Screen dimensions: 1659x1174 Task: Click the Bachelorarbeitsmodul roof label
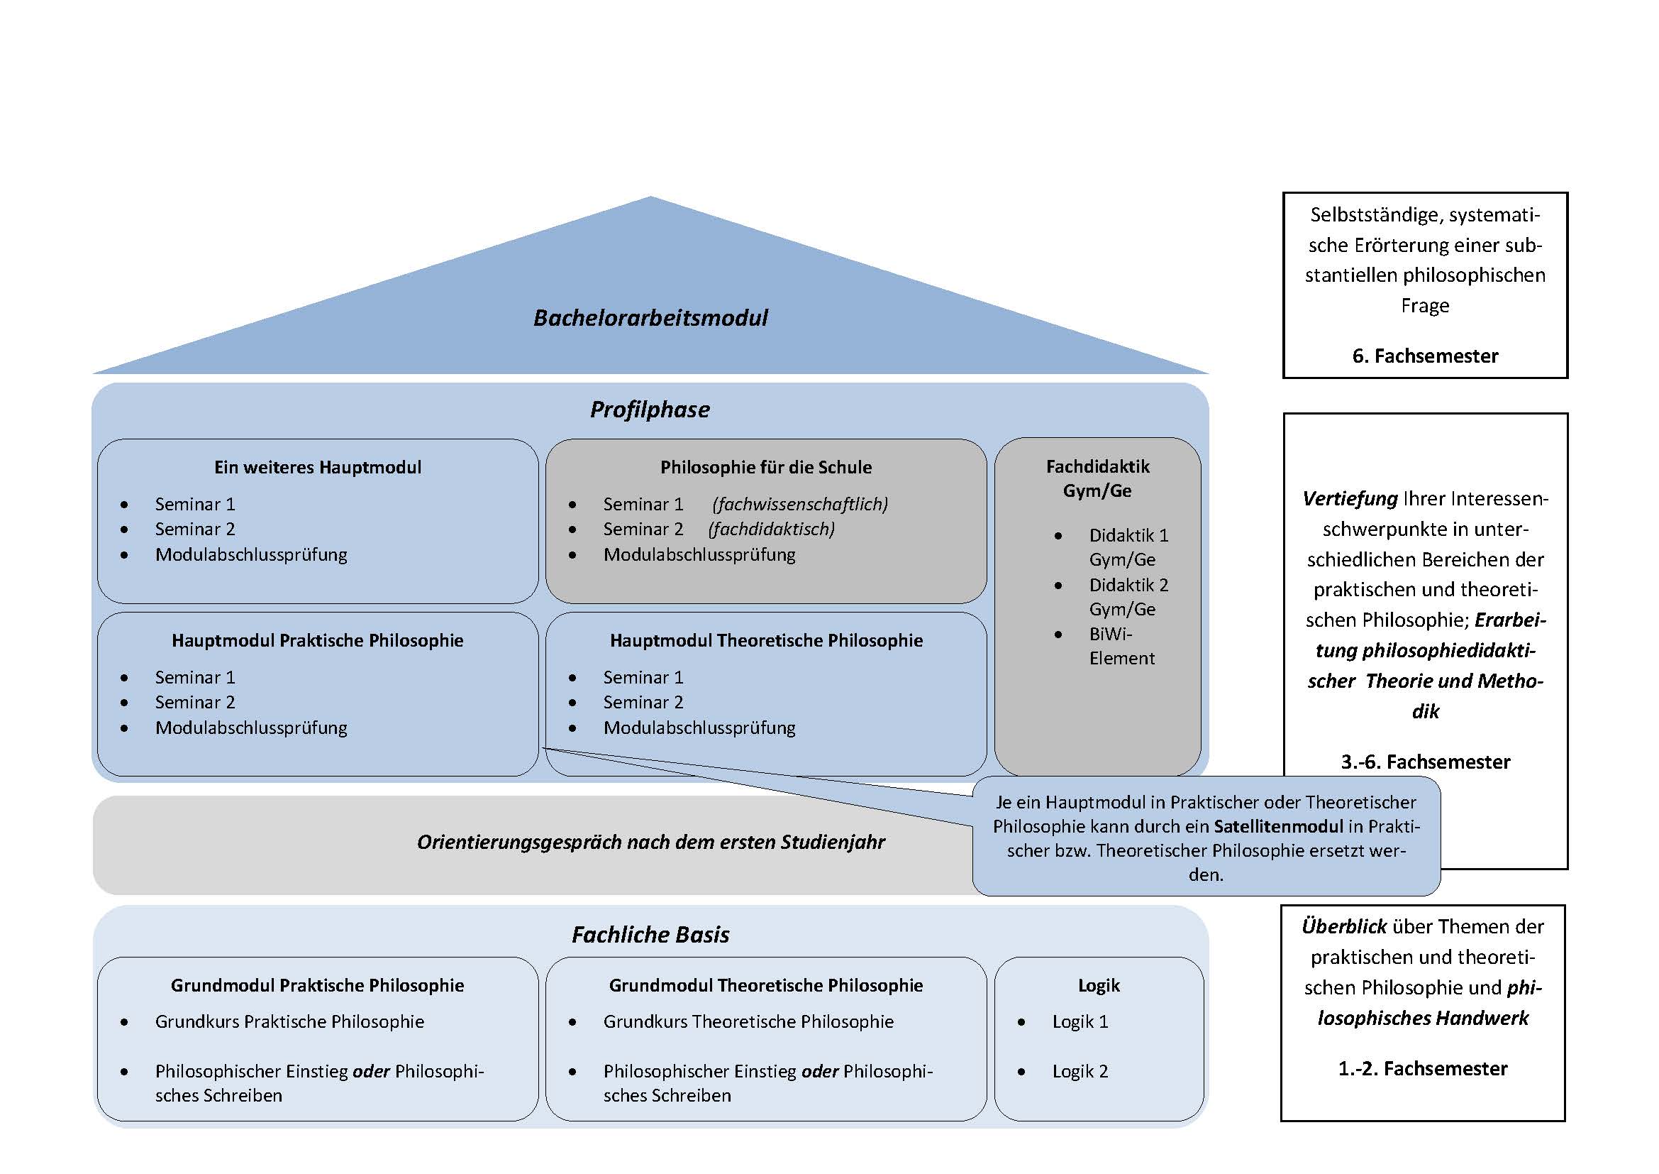(x=650, y=318)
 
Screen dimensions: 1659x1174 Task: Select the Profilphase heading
(x=650, y=410)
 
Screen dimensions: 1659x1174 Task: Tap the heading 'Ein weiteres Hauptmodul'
(x=318, y=467)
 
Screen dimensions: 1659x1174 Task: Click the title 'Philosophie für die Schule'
(x=766, y=468)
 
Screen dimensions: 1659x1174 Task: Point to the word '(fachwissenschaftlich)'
(x=800, y=504)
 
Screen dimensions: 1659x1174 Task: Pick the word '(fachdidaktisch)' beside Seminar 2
(x=771, y=530)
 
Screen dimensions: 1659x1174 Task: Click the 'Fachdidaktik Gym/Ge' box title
(x=1097, y=478)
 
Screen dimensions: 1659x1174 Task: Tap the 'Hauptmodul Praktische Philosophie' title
(x=317, y=640)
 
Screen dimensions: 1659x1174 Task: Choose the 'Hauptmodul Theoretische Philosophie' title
(x=766, y=640)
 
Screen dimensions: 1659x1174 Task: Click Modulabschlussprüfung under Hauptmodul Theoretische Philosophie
(x=699, y=728)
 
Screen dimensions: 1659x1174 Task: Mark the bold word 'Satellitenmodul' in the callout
(x=1278, y=826)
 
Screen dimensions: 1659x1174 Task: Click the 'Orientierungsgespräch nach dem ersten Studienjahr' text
(x=651, y=843)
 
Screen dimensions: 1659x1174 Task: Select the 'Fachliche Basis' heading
(x=650, y=935)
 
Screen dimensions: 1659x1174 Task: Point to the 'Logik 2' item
(x=1080, y=1071)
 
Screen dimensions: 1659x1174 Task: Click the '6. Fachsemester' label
(x=1425, y=356)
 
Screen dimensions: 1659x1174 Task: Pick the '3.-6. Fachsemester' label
(x=1426, y=762)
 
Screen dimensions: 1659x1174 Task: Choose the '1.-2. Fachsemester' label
(x=1423, y=1068)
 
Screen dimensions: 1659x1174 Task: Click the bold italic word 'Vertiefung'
(x=1350, y=499)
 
